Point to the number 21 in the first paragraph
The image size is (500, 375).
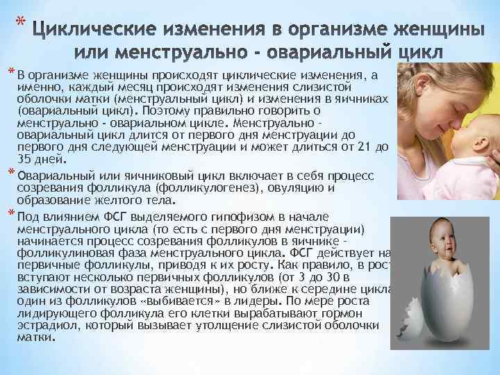(360, 147)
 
